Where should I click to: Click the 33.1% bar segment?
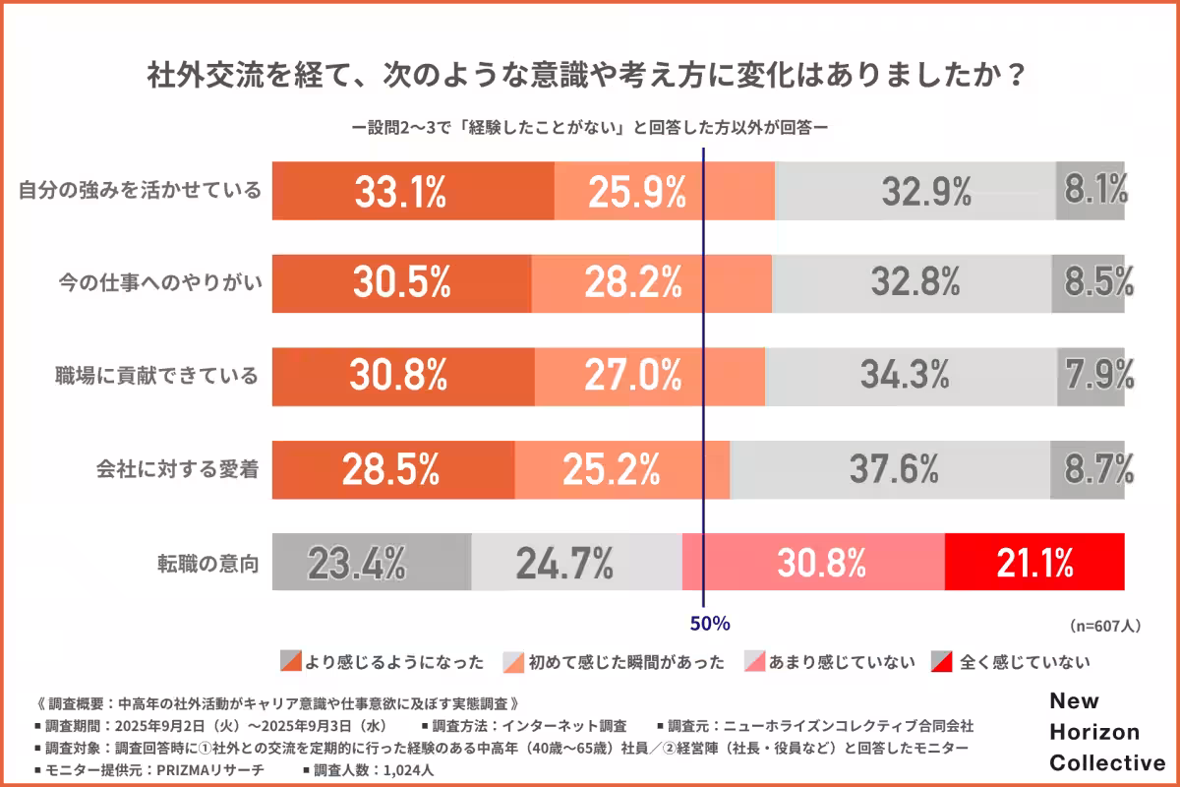413,191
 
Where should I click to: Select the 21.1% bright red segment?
1034,562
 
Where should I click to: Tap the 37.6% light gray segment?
890,469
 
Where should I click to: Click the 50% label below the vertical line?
709,623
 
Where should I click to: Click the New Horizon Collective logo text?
1106,732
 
